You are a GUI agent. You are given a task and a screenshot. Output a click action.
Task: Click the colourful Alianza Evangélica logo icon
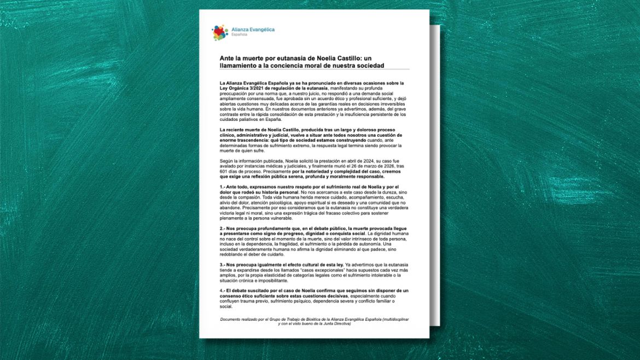pyautogui.click(x=220, y=32)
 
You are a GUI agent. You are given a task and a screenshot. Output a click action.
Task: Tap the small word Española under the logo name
pyautogui.click(x=239, y=34)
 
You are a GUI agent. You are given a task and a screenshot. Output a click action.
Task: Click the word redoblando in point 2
pyautogui.click(x=231, y=255)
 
